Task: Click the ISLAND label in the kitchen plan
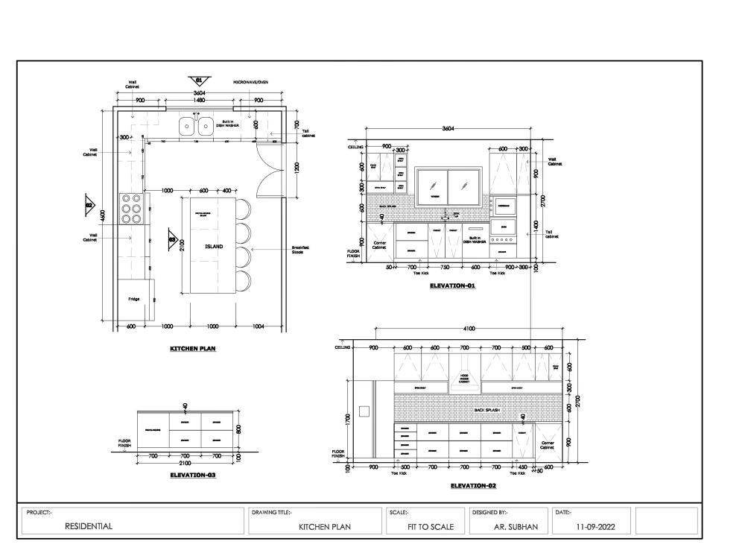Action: [214, 246]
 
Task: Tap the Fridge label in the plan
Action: [133, 299]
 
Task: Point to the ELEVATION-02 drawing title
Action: [474, 485]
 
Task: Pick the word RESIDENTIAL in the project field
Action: [89, 526]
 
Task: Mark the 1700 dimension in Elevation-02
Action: [348, 419]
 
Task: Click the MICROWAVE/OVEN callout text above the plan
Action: [250, 82]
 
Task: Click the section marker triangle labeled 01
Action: [199, 80]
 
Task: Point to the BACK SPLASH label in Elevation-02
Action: [487, 410]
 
